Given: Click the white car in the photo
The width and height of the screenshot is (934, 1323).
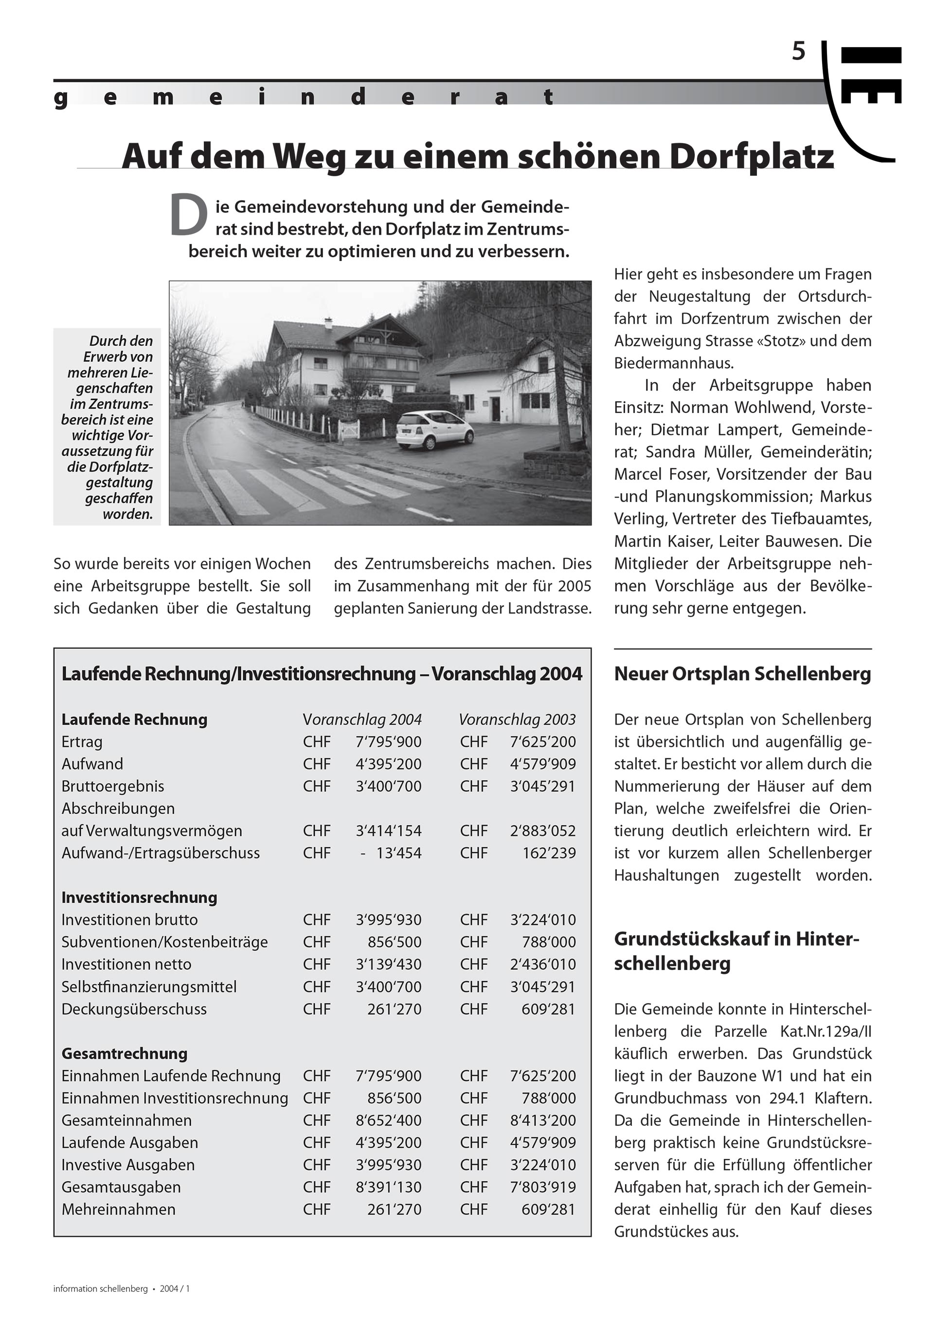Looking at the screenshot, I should click(435, 429).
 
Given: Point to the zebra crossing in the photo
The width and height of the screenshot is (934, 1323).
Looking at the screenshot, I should click(323, 487).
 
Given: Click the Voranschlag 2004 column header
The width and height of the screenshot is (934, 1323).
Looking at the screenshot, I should click(362, 719).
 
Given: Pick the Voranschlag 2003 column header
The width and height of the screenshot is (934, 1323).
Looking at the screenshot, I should click(517, 719).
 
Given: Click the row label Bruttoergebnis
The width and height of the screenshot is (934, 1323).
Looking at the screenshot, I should click(113, 786).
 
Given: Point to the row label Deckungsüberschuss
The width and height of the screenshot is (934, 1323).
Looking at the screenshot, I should click(134, 1009).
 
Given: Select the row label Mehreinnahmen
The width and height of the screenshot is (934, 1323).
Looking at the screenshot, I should click(119, 1210).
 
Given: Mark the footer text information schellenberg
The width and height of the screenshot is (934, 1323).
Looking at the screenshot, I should click(101, 1288).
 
